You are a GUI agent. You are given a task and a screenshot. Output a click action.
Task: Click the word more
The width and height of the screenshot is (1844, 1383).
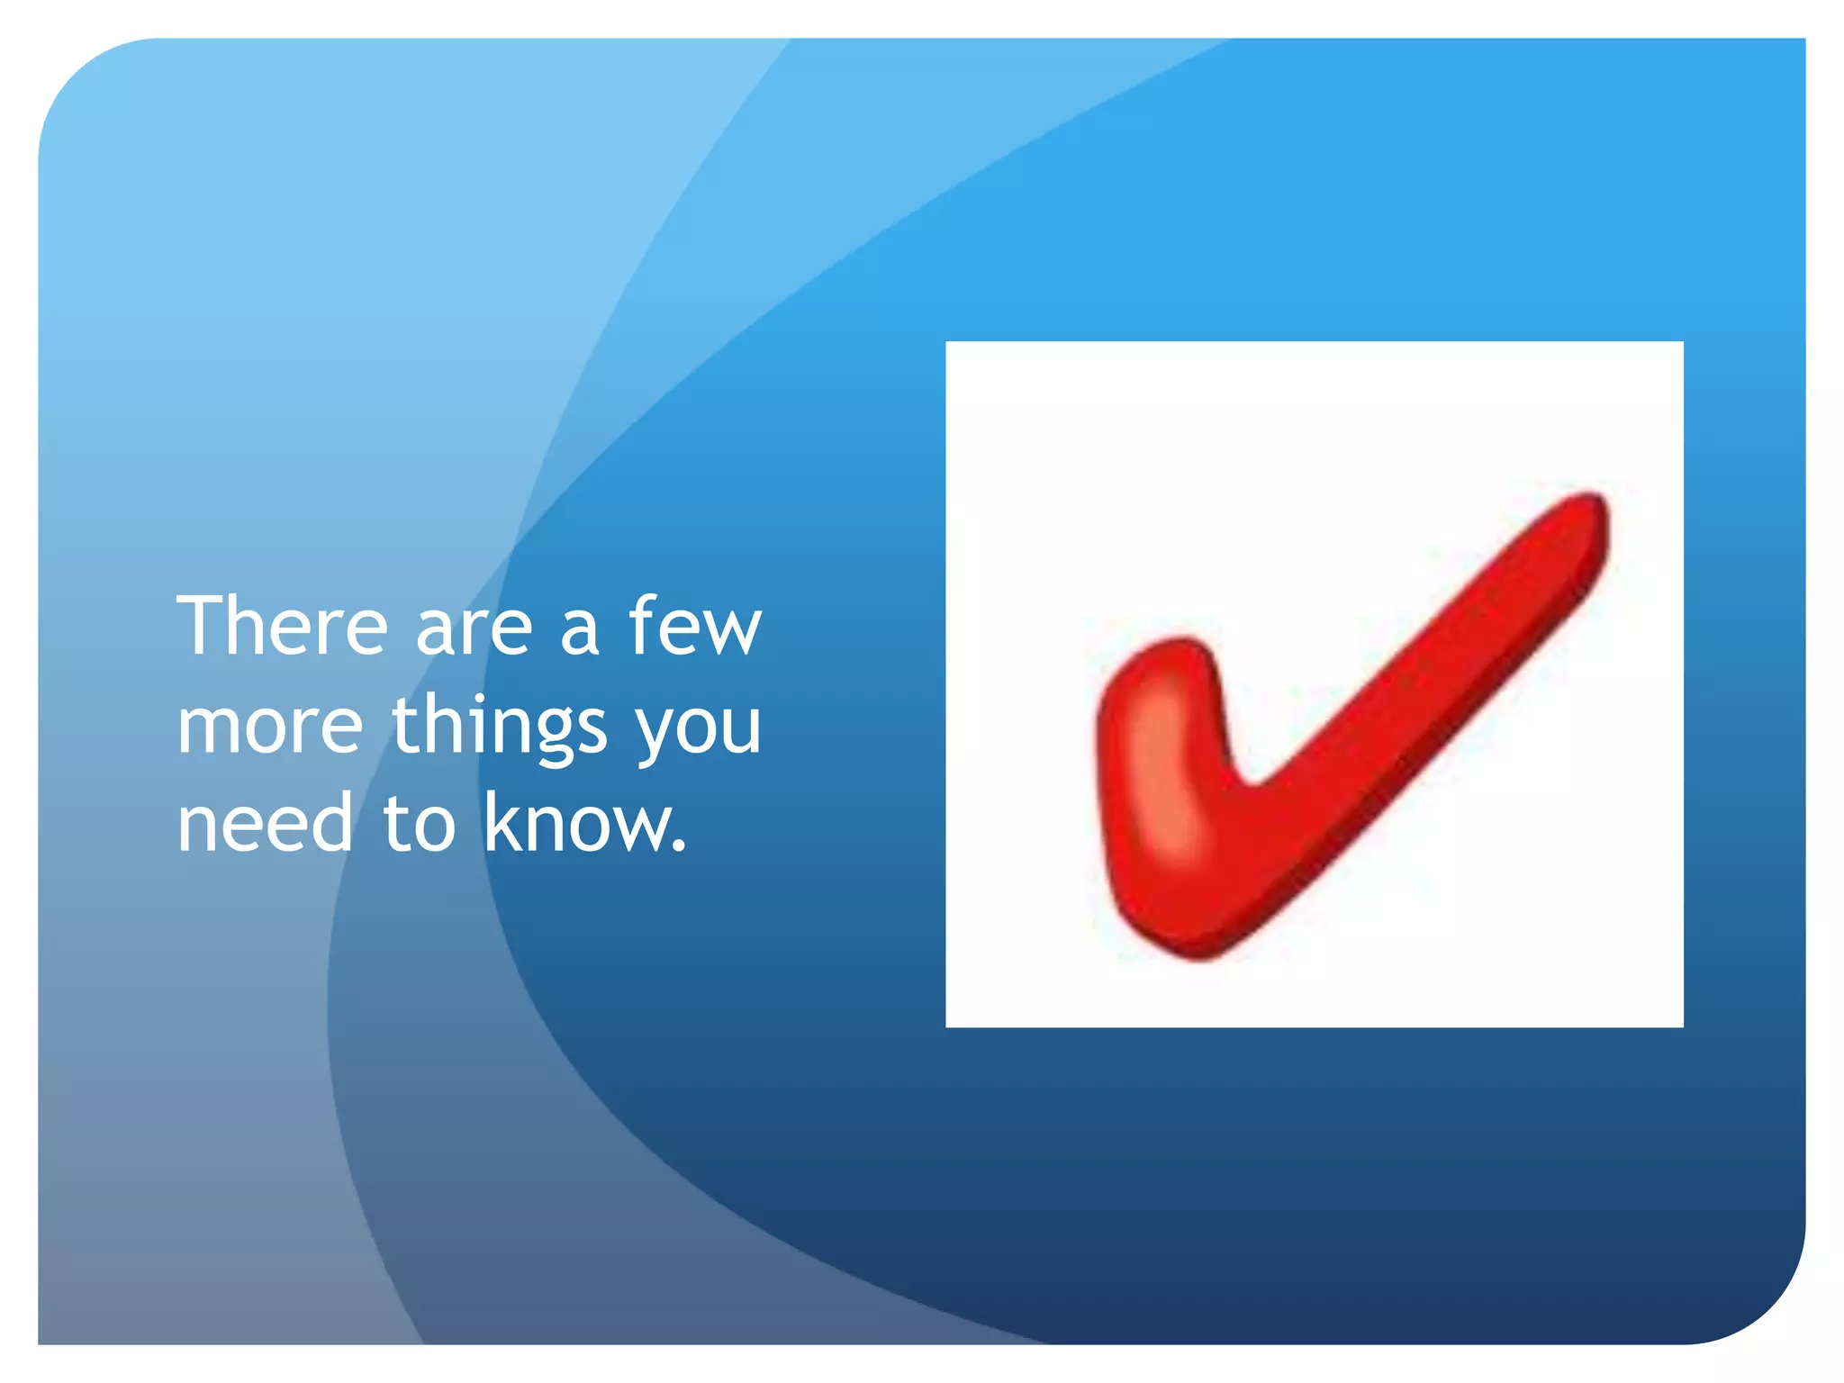(x=270, y=726)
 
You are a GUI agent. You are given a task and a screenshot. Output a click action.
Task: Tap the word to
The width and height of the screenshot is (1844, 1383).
(x=420, y=823)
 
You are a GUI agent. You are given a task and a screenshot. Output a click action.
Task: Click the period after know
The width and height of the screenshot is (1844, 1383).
(x=680, y=847)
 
